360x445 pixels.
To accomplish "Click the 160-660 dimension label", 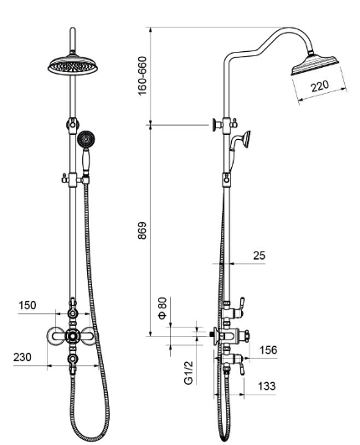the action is point(142,76).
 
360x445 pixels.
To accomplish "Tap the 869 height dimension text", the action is point(142,230).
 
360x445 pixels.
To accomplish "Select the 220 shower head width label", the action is point(320,86).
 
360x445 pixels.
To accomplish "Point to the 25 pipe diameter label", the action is point(259,256).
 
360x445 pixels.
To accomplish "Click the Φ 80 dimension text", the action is point(162,308).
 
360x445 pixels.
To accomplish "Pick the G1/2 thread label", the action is point(188,373).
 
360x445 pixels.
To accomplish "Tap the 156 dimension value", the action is point(268,350).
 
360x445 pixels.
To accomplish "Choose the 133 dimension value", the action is point(266,386).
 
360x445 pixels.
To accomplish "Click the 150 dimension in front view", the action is point(28,305).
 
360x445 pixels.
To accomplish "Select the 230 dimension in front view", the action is point(22,357).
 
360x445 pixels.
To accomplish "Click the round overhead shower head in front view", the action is point(73,65).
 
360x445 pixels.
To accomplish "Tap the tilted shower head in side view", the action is point(315,65).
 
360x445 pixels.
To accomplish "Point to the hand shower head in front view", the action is point(86,140).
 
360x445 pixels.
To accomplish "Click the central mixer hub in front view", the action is point(73,336).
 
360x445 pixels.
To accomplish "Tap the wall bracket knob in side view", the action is point(216,125).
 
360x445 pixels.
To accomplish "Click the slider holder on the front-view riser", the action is point(73,179).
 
